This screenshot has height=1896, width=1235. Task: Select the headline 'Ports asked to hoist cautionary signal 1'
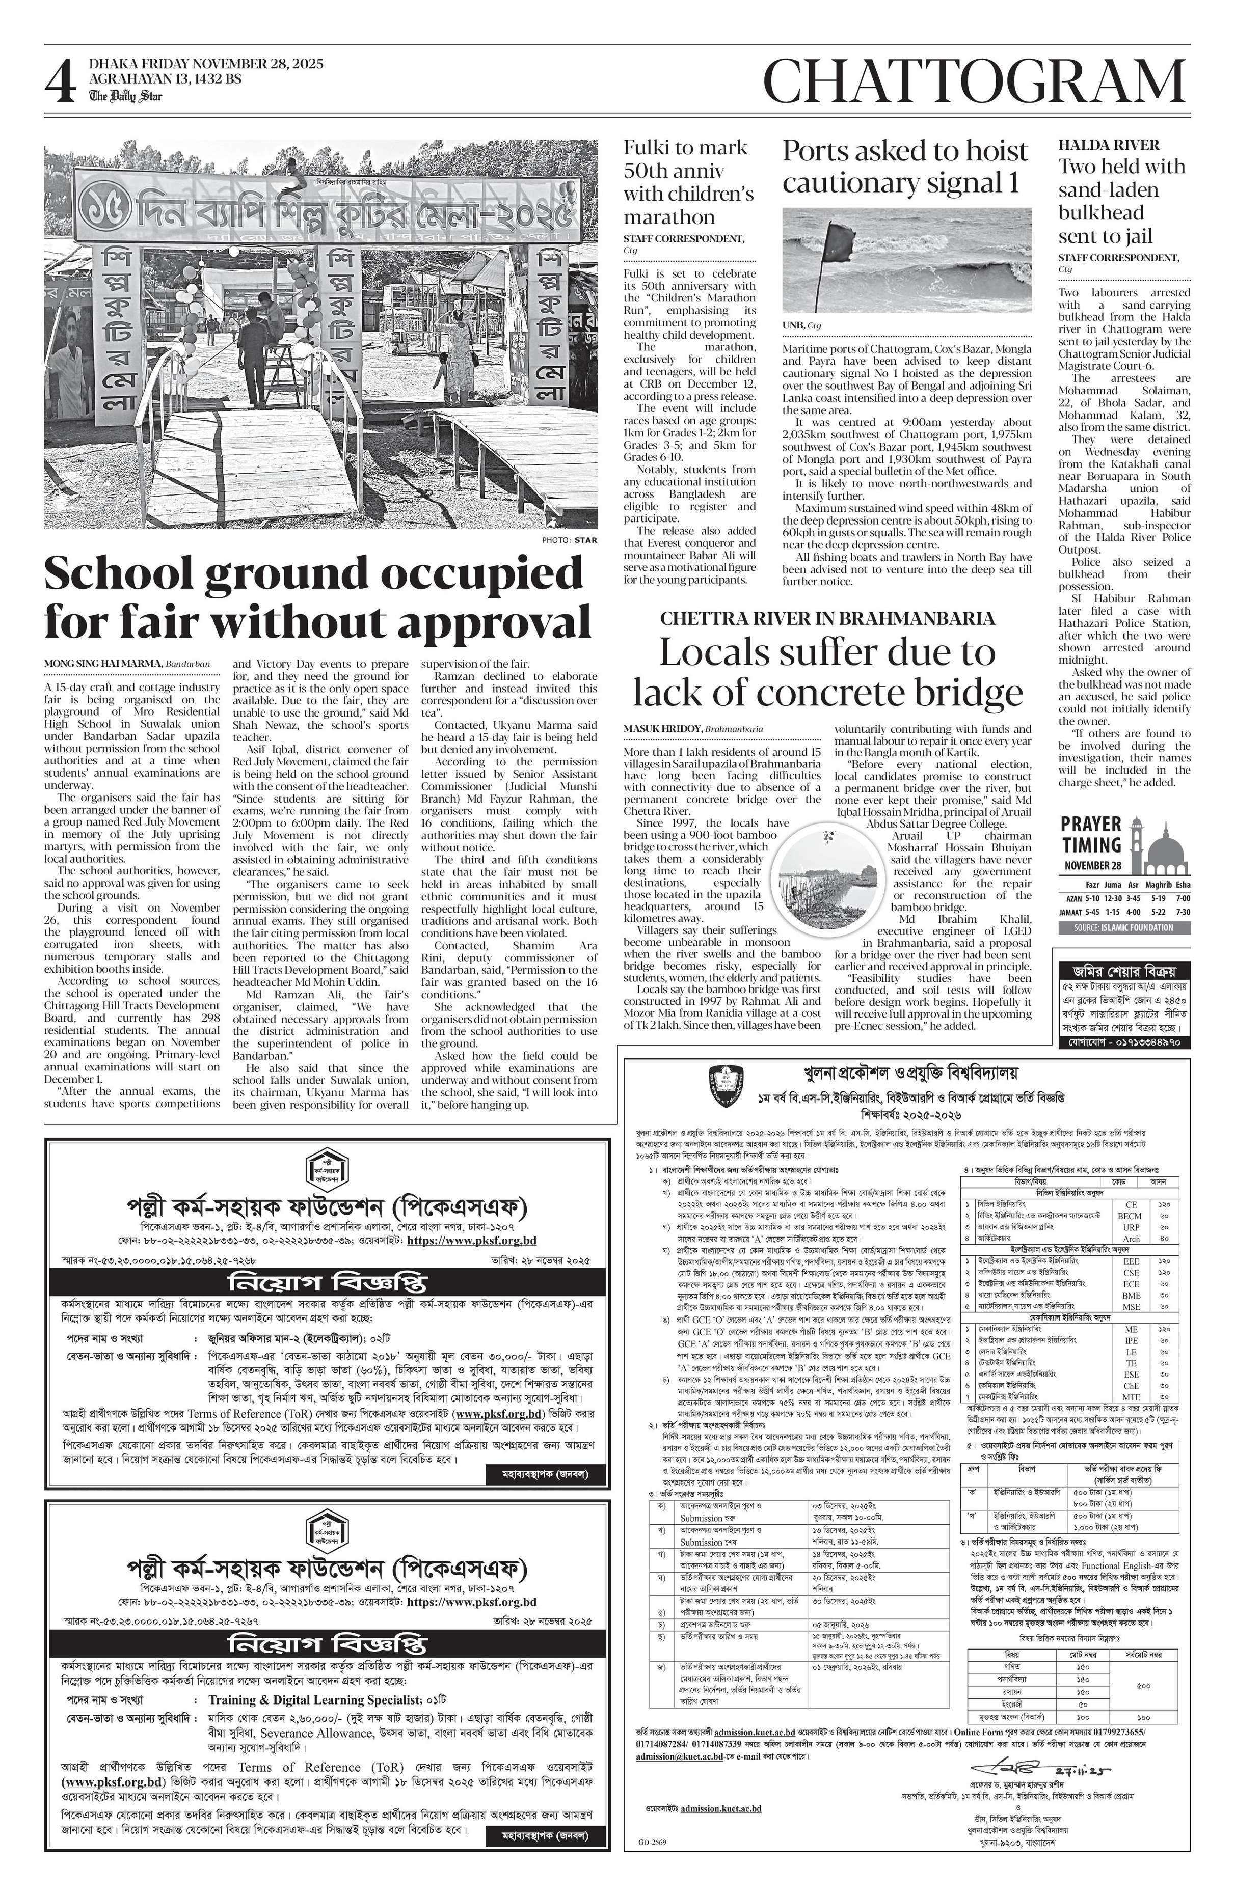click(x=905, y=166)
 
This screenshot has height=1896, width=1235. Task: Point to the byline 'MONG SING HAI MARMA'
click(x=103, y=663)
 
